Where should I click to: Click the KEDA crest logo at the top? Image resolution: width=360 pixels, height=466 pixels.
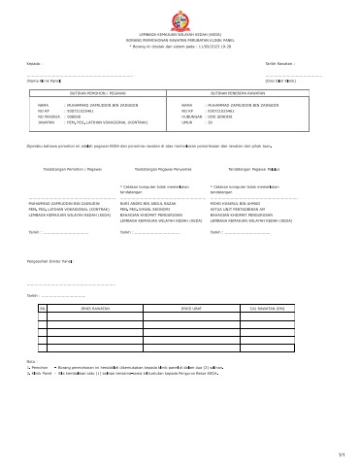[180, 17]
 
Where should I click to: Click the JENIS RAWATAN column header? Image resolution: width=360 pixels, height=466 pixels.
[96, 308]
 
